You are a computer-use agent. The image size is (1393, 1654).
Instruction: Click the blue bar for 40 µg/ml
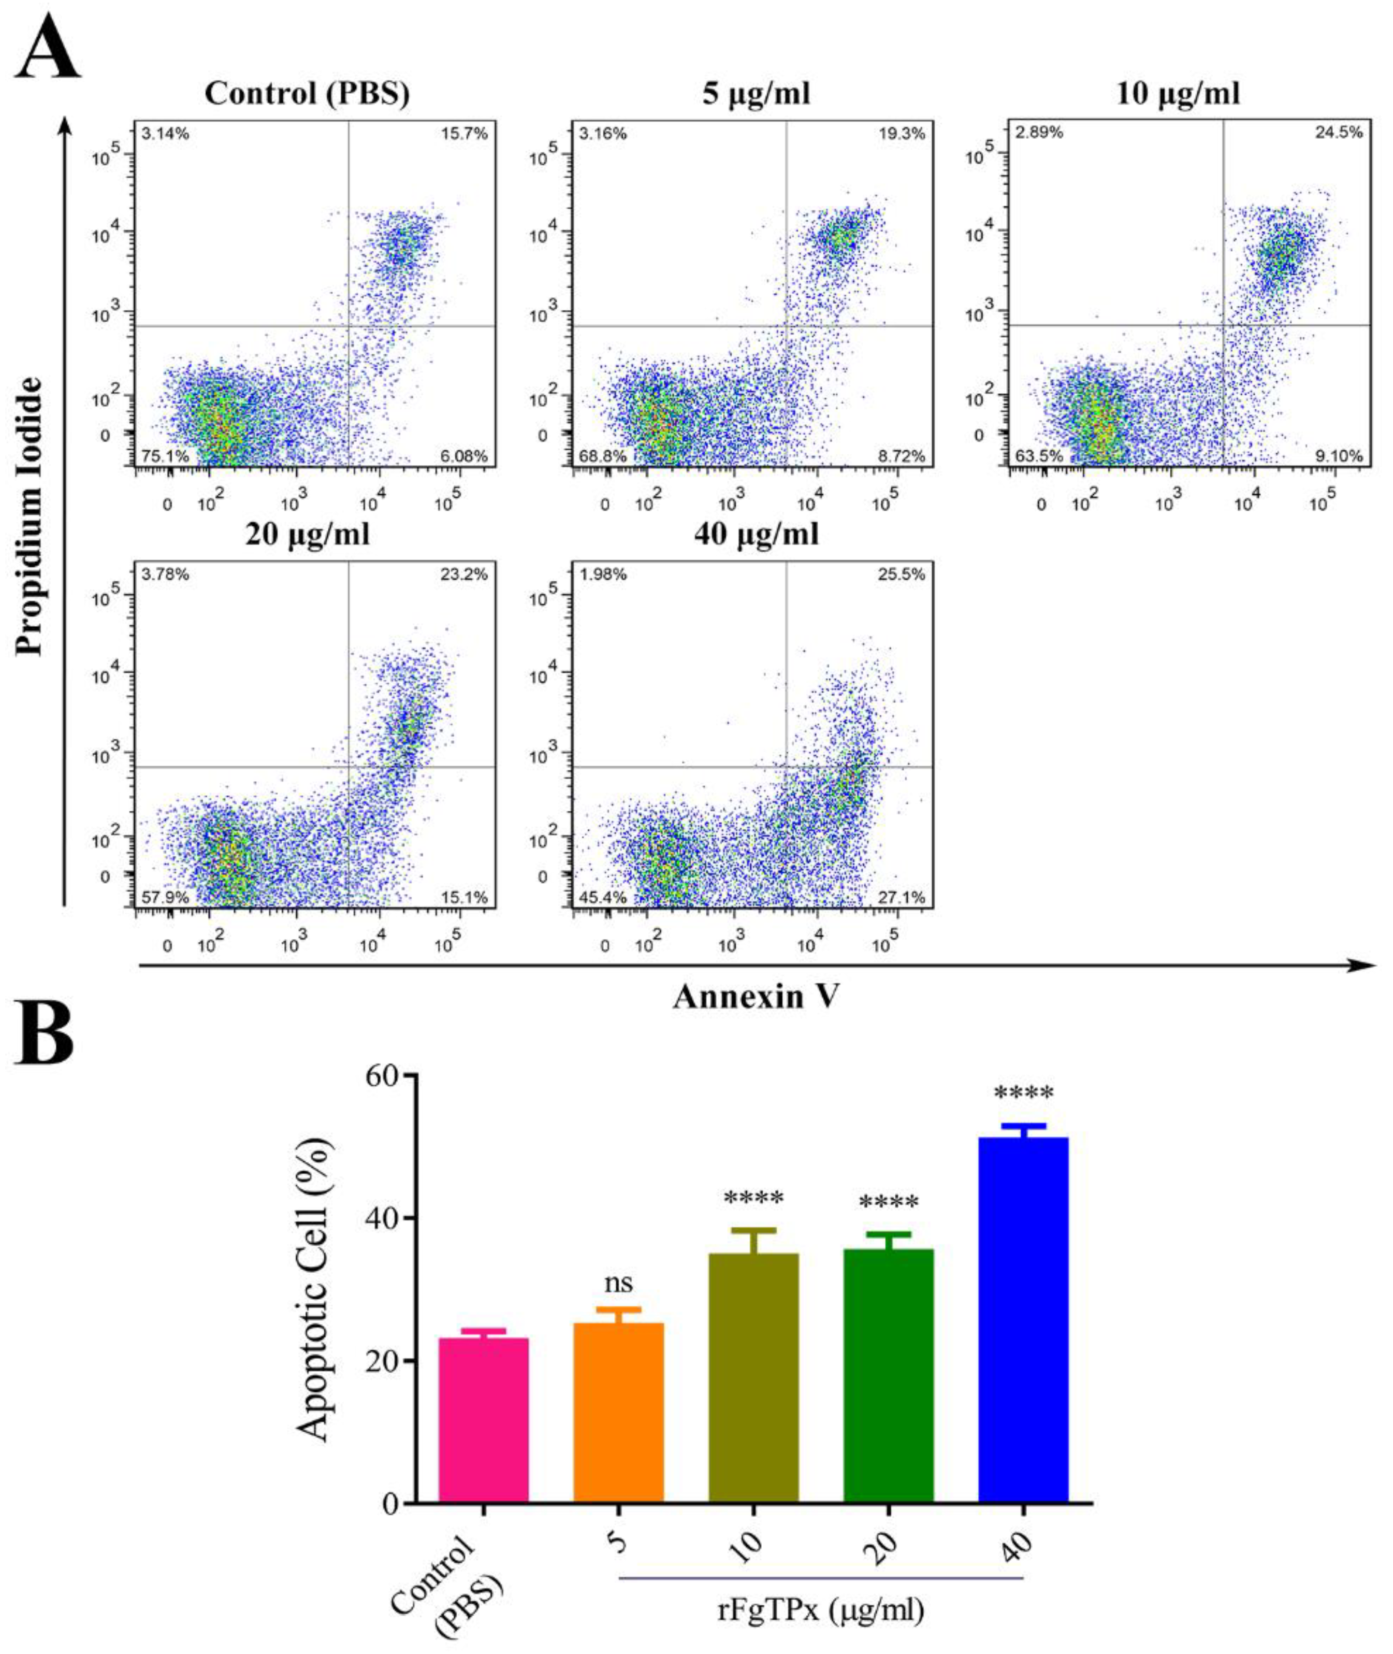tap(1023, 1319)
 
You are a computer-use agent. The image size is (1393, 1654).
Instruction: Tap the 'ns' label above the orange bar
tap(618, 1283)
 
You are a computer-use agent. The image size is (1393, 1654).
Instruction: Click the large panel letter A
tap(47, 49)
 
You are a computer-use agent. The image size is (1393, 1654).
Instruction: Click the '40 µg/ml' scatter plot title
tap(757, 535)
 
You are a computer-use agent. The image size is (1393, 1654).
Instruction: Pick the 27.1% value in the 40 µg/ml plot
tap(901, 897)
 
